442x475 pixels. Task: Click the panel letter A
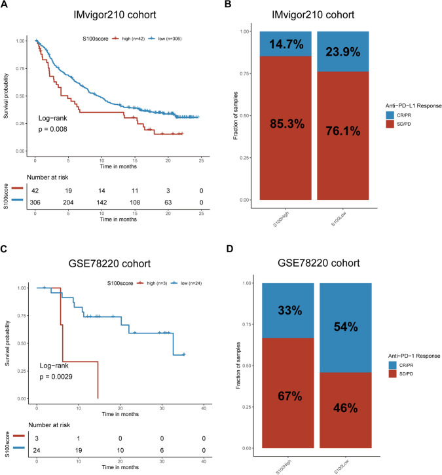pos(5,6)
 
